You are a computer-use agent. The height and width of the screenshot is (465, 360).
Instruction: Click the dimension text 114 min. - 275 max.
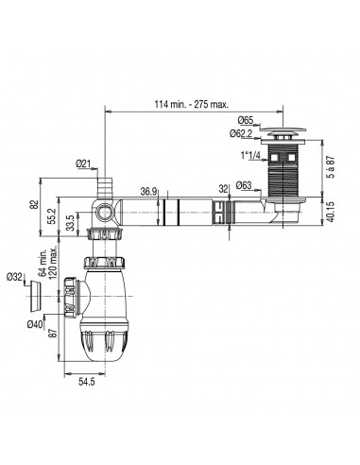191,105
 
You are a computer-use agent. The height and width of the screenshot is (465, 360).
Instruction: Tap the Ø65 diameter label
246,120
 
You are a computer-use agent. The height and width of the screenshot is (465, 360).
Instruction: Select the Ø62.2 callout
241,133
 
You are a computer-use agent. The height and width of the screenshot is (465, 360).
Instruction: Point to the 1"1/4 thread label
251,156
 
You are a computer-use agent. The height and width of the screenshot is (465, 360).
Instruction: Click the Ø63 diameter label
244,185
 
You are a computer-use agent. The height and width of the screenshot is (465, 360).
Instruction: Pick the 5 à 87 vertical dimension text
332,166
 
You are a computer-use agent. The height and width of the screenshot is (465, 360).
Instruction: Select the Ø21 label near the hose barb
83,164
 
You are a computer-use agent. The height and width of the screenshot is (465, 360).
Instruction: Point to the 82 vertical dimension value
35,204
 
